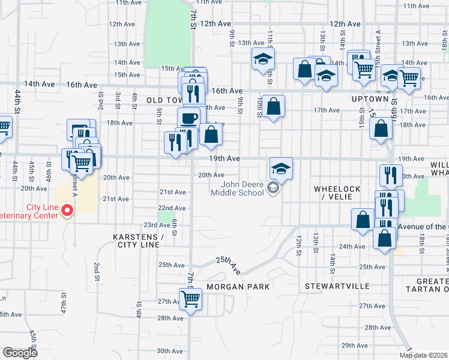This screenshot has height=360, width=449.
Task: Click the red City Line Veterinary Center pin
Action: click(x=67, y=211)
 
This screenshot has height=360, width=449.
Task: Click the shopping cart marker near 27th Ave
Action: click(x=191, y=298)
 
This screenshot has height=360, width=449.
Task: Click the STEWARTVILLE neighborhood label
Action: click(x=337, y=286)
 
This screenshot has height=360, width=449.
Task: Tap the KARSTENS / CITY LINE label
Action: click(x=138, y=241)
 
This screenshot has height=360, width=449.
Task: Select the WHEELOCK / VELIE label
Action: click(x=337, y=193)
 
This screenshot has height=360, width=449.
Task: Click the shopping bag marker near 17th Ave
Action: click(x=273, y=107)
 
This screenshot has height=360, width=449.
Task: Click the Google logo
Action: click(x=20, y=353)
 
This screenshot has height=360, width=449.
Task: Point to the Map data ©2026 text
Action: click(x=424, y=355)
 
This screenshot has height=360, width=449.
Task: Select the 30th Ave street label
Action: click(x=169, y=351)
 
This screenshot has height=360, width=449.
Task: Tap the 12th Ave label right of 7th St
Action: click(x=216, y=24)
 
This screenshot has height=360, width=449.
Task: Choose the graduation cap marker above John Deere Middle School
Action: click(x=281, y=169)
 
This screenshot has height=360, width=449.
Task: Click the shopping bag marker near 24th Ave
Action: click(x=384, y=237)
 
